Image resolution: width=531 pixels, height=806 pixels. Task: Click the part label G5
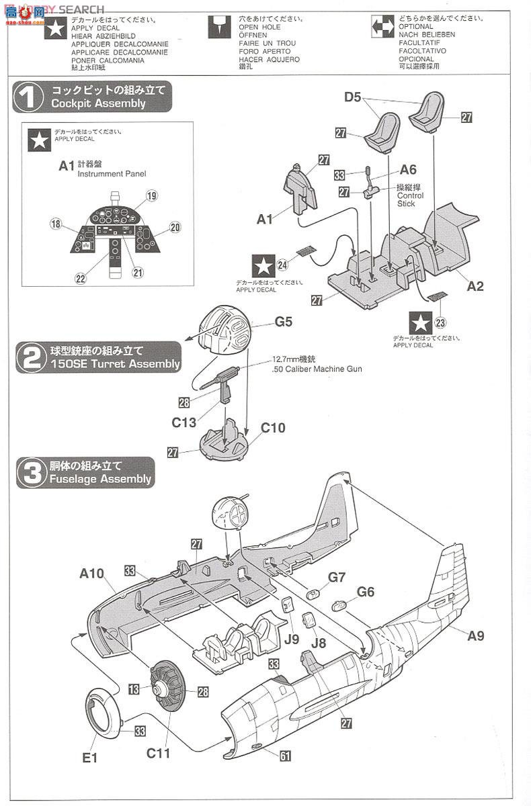pyautogui.click(x=284, y=322)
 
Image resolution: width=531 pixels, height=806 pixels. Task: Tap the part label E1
pyautogui.click(x=91, y=758)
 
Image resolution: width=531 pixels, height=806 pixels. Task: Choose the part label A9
pyautogui.click(x=475, y=635)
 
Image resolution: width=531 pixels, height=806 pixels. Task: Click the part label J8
pyautogui.click(x=319, y=642)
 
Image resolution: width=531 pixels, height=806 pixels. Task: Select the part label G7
pyautogui.click(x=337, y=577)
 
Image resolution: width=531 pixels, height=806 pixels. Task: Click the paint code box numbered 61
pyautogui.click(x=285, y=756)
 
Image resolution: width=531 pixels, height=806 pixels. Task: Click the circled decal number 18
pyautogui.click(x=55, y=224)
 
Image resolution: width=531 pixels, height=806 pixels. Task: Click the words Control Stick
pyautogui.click(x=411, y=199)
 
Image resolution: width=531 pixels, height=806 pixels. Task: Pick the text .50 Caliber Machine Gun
pyautogui.click(x=317, y=369)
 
